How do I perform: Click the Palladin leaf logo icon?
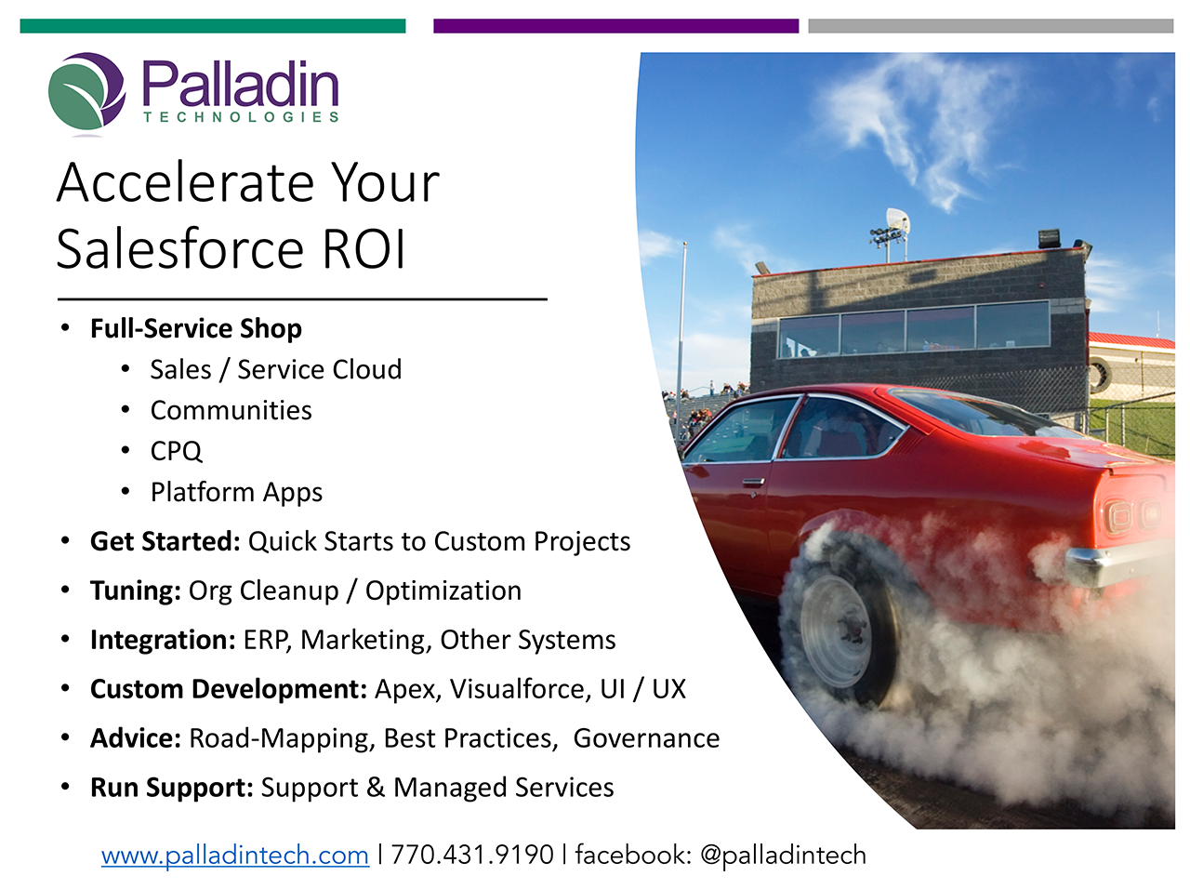(x=86, y=92)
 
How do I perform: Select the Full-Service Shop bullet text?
(x=195, y=328)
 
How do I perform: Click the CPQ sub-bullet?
(x=176, y=451)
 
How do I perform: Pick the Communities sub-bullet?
(x=231, y=410)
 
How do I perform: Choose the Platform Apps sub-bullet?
(x=236, y=492)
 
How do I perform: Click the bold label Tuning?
(x=135, y=590)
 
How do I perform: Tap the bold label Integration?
(x=163, y=640)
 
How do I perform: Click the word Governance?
(x=646, y=738)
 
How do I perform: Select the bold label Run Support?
(x=171, y=788)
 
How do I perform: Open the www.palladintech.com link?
(x=235, y=855)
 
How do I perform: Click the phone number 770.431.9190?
(x=471, y=855)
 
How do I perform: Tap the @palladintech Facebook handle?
(x=783, y=855)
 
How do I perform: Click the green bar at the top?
(x=213, y=26)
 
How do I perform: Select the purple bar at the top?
(x=615, y=26)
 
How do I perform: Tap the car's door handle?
(x=753, y=483)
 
